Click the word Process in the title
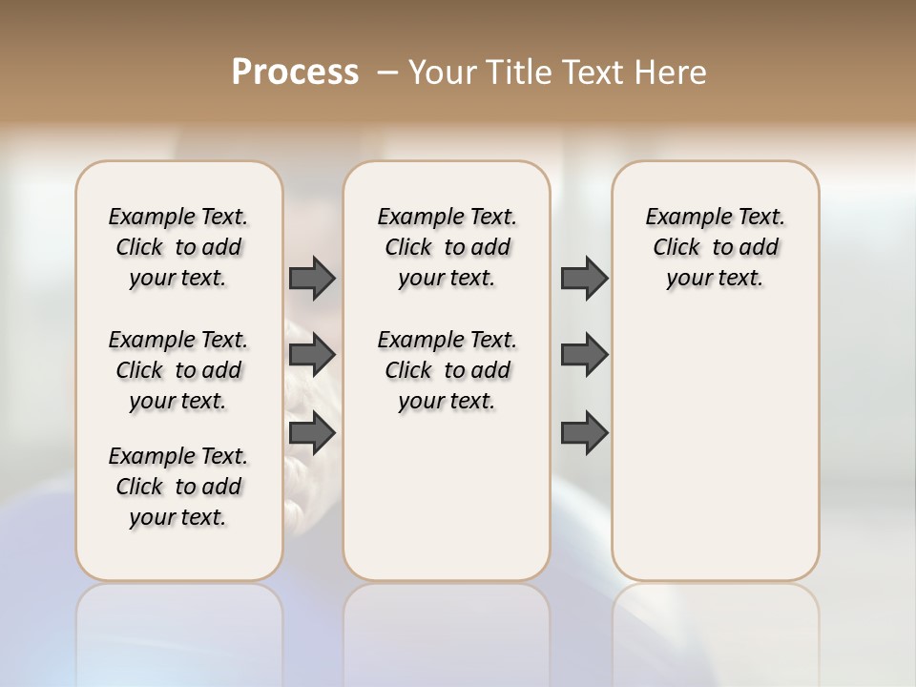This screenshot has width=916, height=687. (x=295, y=73)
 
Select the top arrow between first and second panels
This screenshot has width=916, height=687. (x=312, y=279)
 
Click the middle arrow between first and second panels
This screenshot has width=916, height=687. (x=312, y=356)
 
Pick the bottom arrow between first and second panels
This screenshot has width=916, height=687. (x=312, y=433)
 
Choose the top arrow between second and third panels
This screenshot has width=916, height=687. (x=584, y=279)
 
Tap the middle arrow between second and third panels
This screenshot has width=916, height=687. (x=584, y=356)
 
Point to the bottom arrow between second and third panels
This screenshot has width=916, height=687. (x=584, y=433)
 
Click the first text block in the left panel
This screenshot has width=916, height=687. (x=178, y=247)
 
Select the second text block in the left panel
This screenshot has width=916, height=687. (x=178, y=370)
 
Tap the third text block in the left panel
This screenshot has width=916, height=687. (x=178, y=487)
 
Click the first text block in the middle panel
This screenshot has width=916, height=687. (x=447, y=247)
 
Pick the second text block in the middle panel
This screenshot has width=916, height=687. (x=447, y=370)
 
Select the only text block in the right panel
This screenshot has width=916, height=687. (x=715, y=247)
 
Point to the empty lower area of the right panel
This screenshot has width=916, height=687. (x=715, y=448)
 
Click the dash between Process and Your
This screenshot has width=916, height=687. (x=387, y=73)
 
